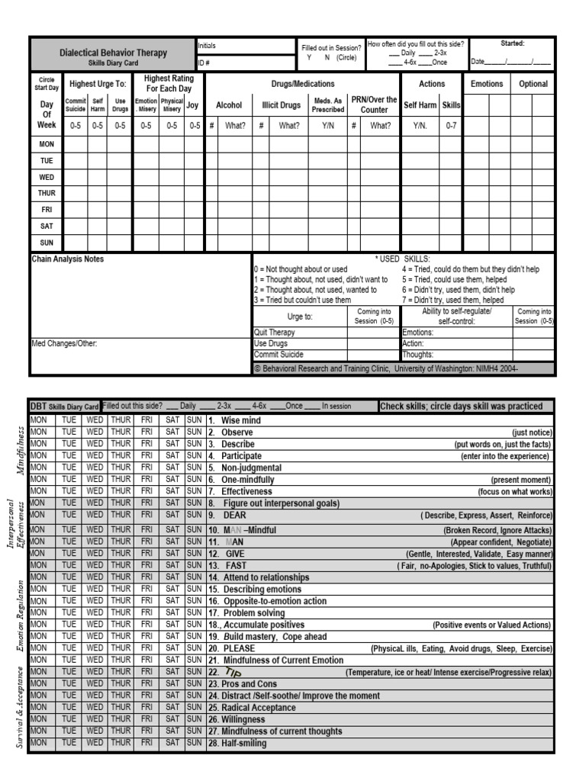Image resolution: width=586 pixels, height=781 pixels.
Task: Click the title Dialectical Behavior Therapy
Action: tap(113, 53)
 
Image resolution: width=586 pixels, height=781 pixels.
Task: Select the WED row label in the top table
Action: tap(47, 177)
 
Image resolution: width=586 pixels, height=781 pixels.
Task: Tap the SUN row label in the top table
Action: tap(47, 243)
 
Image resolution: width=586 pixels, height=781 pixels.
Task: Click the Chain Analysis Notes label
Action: tap(67, 259)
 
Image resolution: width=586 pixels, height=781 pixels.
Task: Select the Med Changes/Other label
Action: tap(64, 343)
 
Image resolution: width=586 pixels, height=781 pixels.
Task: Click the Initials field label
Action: tap(207, 46)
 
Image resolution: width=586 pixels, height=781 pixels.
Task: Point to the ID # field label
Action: tap(204, 63)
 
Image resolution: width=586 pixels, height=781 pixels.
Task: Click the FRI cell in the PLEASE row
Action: tap(146, 648)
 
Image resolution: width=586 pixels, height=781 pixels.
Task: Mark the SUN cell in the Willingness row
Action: tap(195, 719)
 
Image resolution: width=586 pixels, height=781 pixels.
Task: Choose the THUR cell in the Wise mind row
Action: tap(120, 420)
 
